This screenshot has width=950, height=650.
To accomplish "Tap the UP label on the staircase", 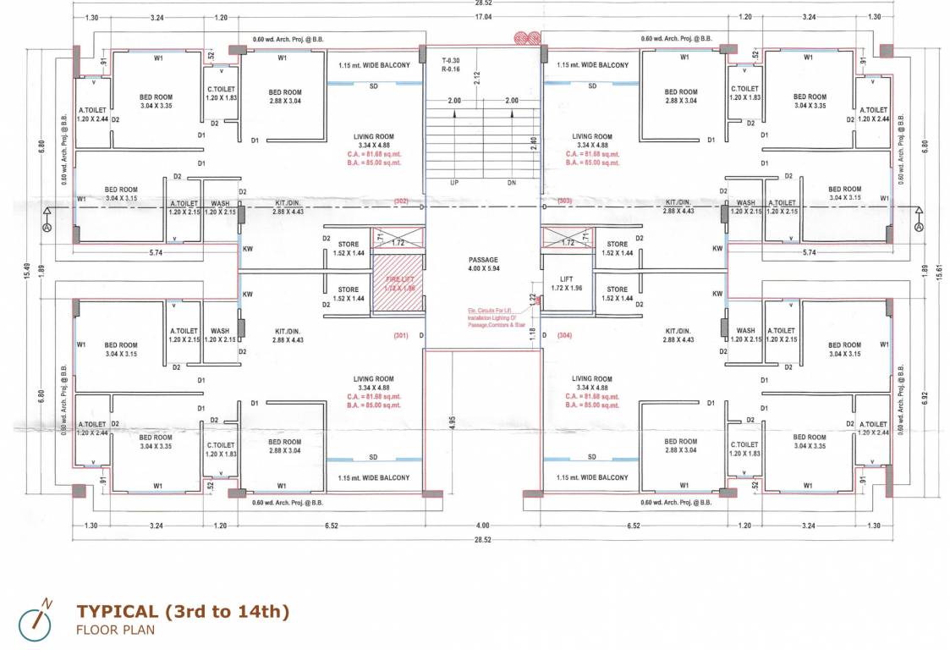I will tap(454, 183).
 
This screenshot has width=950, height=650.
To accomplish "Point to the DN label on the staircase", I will tap(511, 183).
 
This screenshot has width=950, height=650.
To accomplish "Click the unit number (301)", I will tap(401, 336).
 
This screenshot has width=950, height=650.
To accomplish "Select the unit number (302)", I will tap(402, 201).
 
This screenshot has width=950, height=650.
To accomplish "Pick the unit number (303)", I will tap(565, 201).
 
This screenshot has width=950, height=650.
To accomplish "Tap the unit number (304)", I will tap(565, 336).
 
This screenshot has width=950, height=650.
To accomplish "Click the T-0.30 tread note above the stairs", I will tap(450, 61).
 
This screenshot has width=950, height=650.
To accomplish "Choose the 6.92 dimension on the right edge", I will tap(924, 396).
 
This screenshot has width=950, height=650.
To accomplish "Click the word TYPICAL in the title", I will tap(117, 611).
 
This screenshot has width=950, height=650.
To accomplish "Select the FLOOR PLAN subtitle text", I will tap(115, 630).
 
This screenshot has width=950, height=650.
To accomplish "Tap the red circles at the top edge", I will tap(528, 37).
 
